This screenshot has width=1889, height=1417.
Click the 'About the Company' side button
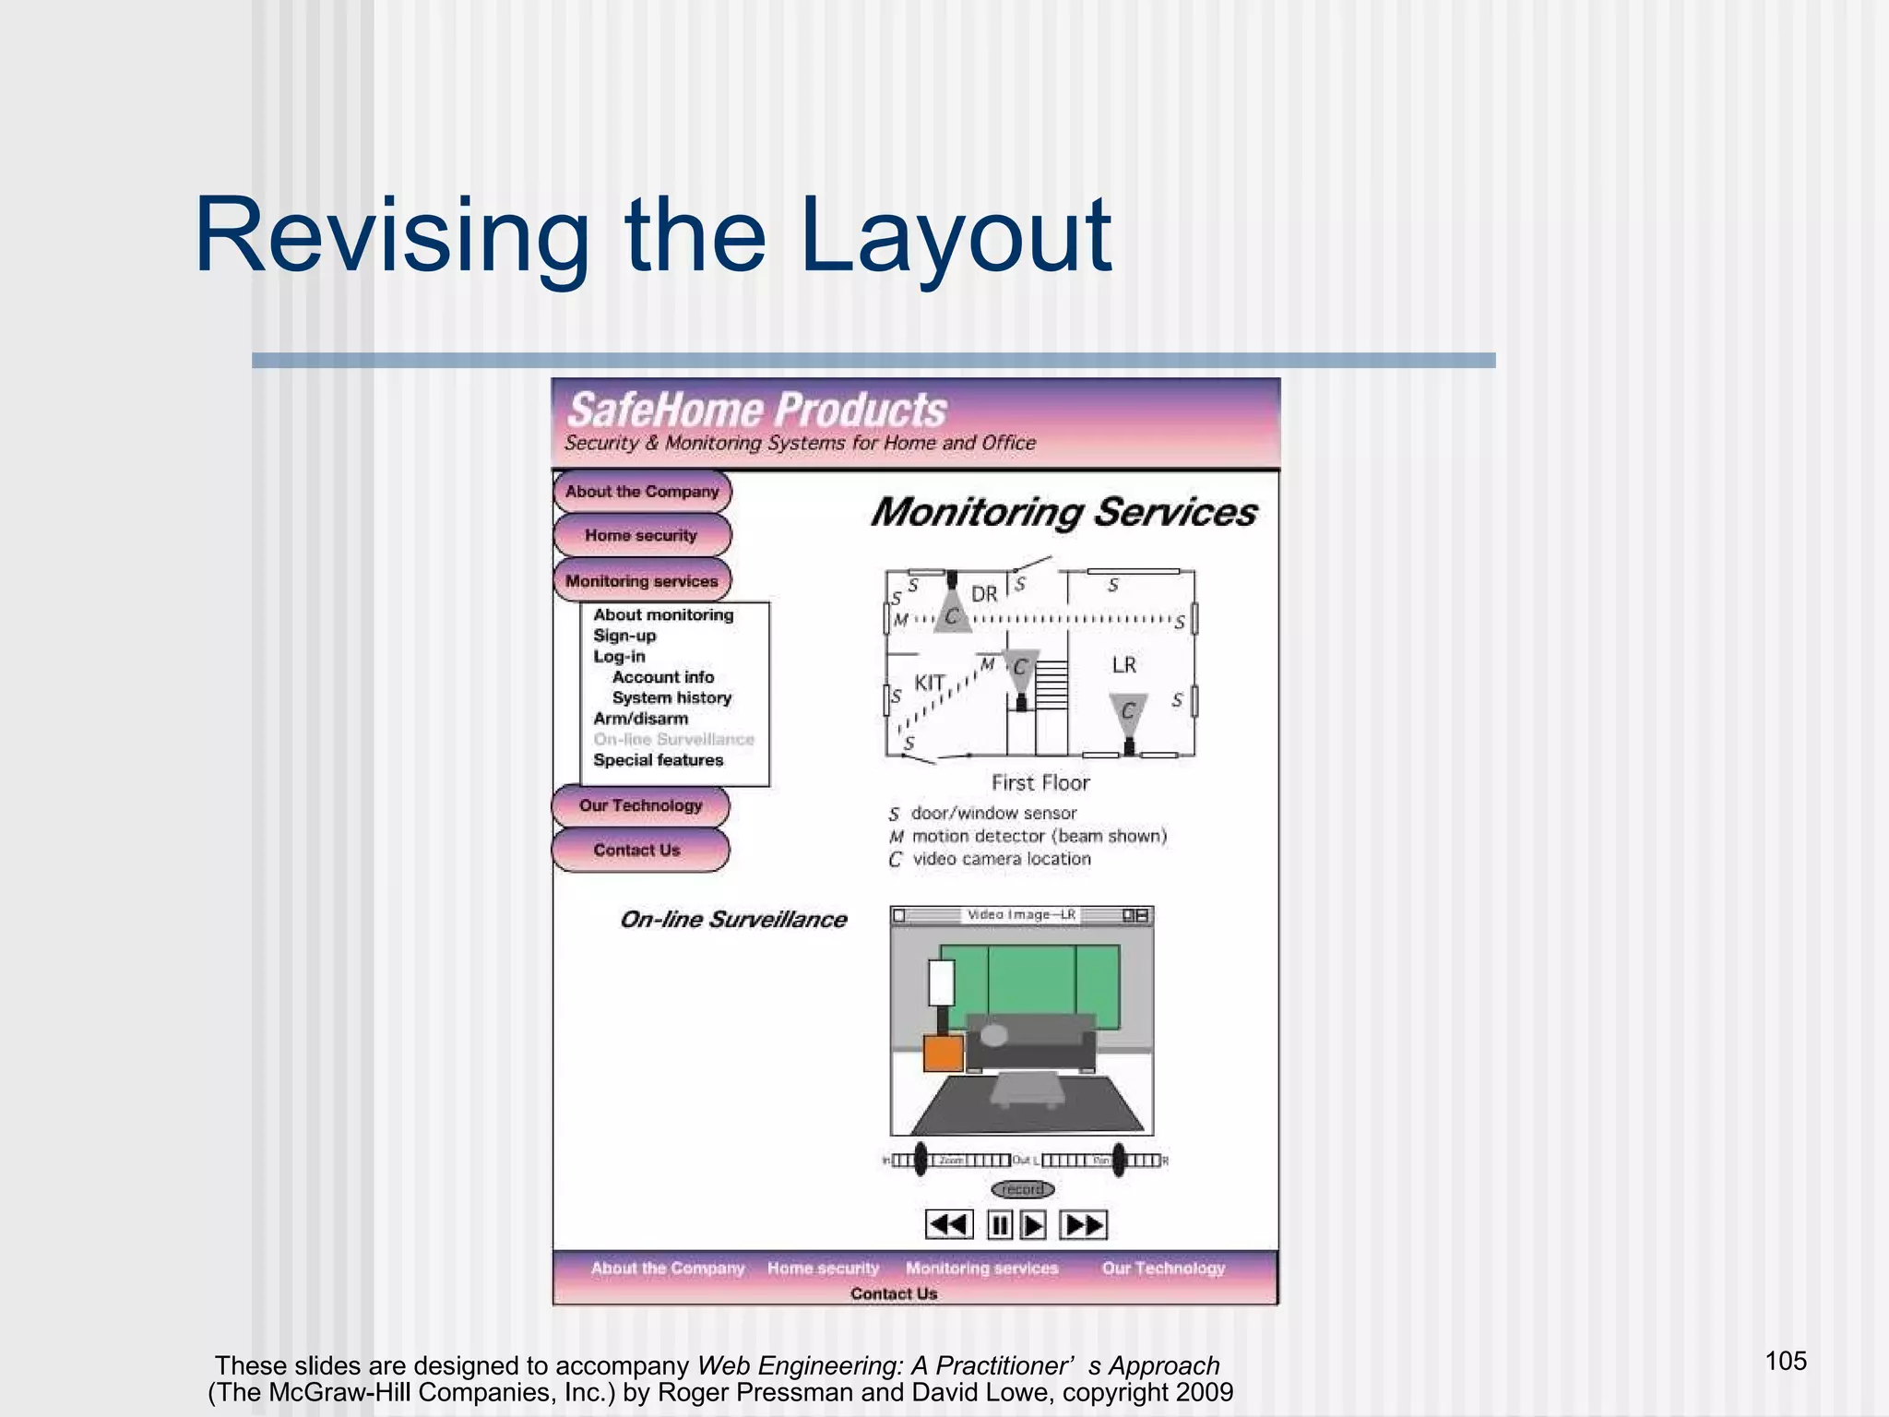tap(642, 492)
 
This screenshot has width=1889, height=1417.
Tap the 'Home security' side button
tap(641, 535)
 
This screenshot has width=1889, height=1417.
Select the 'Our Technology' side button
tap(640, 805)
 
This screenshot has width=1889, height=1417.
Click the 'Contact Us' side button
tap(637, 850)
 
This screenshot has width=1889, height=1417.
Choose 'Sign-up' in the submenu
tap(624, 636)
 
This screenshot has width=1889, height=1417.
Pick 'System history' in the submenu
tap(671, 698)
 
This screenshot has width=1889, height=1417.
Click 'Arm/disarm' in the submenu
tap(640, 719)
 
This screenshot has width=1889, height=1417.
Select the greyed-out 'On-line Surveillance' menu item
tap(673, 739)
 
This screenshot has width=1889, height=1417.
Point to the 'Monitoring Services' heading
tap(1063, 513)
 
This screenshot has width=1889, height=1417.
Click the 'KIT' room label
tap(930, 683)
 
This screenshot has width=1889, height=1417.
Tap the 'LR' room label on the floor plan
tap(1123, 665)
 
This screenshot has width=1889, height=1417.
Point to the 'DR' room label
tap(984, 594)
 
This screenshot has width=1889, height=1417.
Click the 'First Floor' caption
tap(1040, 783)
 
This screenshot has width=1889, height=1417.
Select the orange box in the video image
tap(944, 1053)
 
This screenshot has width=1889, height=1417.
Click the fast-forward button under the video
tap(1084, 1225)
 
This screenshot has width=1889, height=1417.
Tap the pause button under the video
tap(999, 1225)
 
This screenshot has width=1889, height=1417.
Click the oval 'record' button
tap(1023, 1189)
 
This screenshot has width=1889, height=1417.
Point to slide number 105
tap(1786, 1361)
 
